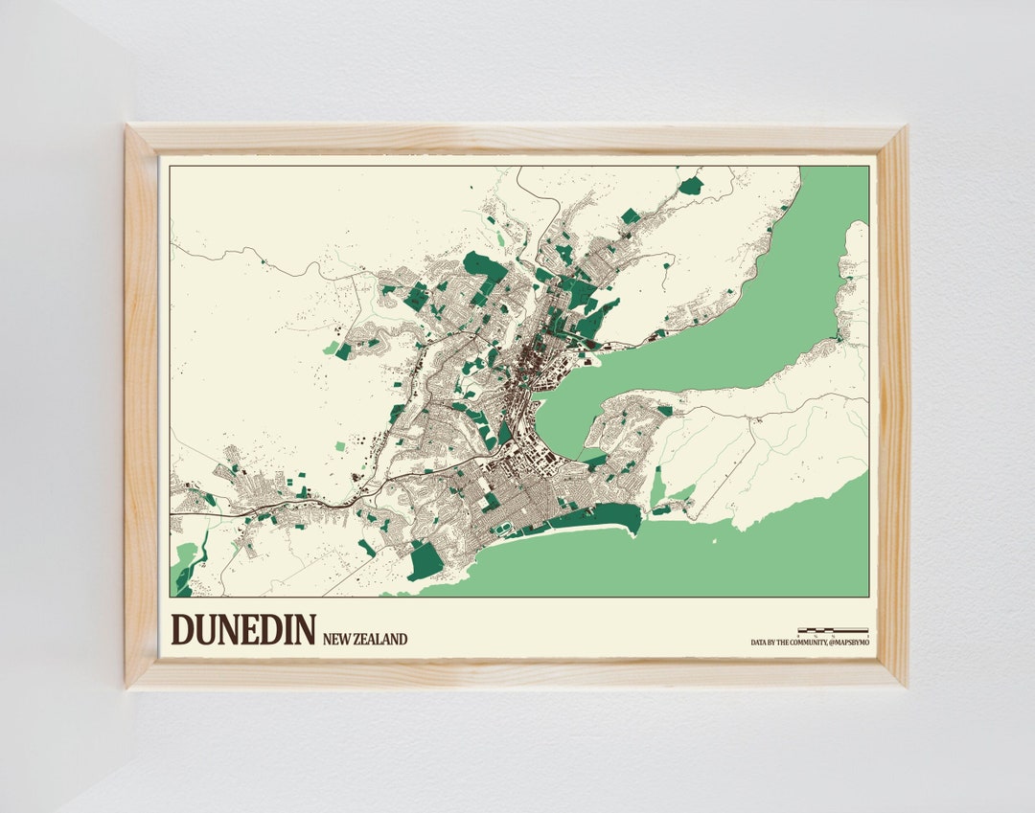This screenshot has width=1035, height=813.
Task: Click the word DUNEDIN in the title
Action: click(x=242, y=630)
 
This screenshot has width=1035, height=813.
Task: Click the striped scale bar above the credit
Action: click(x=832, y=631)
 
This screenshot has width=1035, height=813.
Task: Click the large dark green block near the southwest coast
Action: click(x=425, y=560)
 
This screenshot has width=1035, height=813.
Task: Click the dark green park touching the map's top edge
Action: click(x=691, y=185)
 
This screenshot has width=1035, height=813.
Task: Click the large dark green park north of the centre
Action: click(x=485, y=267)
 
